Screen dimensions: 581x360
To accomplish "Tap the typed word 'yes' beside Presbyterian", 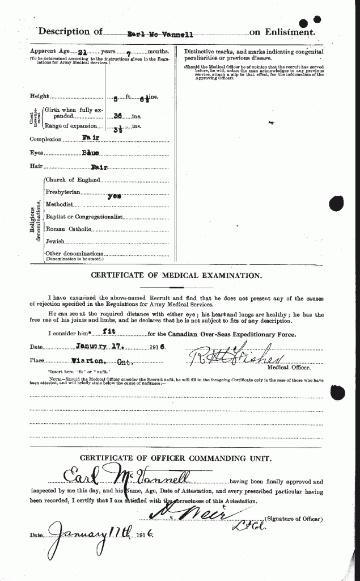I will coord(116,195).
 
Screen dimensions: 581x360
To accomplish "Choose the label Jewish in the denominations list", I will coord(56,241).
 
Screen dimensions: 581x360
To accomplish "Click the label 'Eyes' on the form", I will coord(37,153).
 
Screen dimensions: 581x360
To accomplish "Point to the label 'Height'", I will coord(40,96).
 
